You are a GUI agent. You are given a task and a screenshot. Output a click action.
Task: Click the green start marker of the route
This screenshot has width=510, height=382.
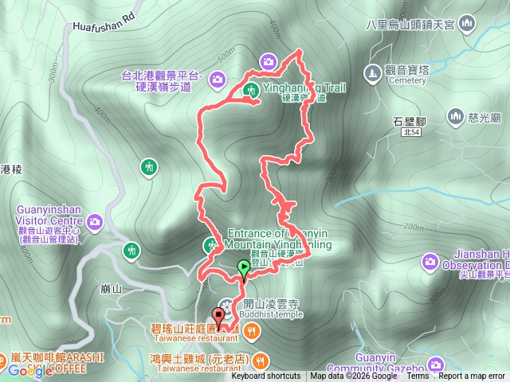tap(243, 268)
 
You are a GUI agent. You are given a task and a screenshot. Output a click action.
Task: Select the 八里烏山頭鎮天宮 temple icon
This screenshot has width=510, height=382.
tap(468, 23)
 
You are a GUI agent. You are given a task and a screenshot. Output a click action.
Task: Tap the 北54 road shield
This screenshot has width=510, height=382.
tap(411, 134)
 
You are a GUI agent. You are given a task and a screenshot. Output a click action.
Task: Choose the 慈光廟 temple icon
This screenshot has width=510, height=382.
tap(456, 117)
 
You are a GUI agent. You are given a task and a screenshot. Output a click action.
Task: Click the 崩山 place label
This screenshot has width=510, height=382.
tap(112, 289)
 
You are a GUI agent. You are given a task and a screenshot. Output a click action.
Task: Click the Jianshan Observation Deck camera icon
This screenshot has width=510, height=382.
tap(430, 260)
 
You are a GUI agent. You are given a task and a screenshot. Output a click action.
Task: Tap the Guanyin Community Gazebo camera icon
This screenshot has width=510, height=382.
tap(436, 364)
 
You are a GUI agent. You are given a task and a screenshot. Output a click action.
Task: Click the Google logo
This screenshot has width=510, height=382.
tap(30, 371)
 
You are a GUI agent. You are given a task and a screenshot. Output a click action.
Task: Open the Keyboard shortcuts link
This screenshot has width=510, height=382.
tap(266, 376)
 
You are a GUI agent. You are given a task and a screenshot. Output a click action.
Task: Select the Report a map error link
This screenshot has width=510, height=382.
tap(472, 376)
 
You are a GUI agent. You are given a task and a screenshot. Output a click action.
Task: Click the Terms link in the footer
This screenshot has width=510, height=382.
tap(418, 376)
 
